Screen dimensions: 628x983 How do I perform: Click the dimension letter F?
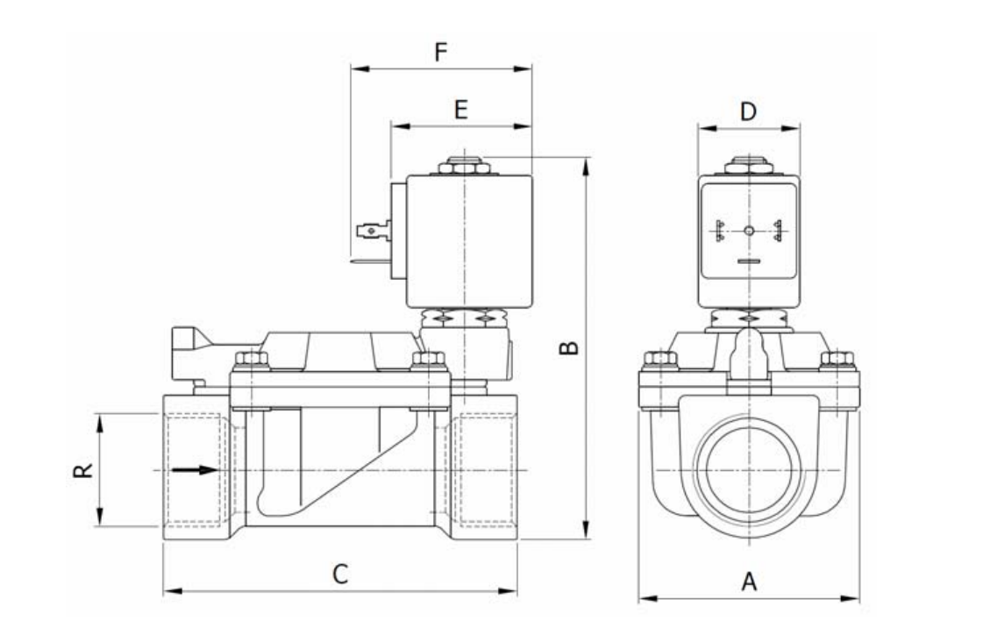[x=441, y=53]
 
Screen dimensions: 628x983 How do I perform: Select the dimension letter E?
[x=461, y=110]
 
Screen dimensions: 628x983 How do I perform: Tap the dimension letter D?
[x=748, y=111]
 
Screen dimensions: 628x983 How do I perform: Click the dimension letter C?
[x=340, y=574]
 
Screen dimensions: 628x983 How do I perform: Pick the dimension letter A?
[x=749, y=582]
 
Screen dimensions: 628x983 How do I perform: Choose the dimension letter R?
[x=82, y=470]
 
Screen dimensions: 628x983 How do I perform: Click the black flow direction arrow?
[x=194, y=470]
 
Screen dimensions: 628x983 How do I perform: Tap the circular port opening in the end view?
[x=748, y=471]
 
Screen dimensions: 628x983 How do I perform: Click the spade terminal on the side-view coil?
[x=371, y=232]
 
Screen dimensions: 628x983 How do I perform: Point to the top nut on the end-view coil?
[x=748, y=164]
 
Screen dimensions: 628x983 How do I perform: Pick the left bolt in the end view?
[x=659, y=359]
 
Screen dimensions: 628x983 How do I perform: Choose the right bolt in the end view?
[x=837, y=359]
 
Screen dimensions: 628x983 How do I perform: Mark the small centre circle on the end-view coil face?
[x=748, y=231]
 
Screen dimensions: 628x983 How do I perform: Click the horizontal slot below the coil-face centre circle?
[x=748, y=261]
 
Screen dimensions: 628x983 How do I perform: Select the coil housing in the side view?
[x=469, y=241]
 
